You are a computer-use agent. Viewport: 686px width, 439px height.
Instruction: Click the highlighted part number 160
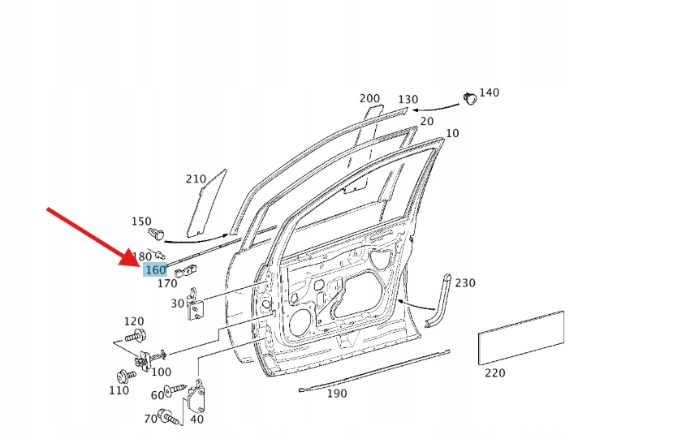coord(155,270)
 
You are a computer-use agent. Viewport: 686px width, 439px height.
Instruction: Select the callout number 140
coord(489,93)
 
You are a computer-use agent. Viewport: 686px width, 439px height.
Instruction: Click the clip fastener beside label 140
coord(469,98)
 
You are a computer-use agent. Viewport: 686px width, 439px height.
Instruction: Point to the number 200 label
coord(369,99)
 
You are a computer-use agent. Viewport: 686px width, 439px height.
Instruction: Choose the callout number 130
coord(408,100)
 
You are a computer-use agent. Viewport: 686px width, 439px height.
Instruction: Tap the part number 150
coord(141,222)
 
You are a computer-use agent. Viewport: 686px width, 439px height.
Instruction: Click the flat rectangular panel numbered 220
coord(521,337)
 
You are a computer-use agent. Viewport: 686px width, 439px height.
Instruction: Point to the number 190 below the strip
coord(336,394)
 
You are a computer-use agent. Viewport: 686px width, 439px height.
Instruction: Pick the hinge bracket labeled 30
coord(196,303)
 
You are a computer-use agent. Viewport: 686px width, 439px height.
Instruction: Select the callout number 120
coord(133,321)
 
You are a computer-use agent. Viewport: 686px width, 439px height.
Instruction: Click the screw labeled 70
coord(170,418)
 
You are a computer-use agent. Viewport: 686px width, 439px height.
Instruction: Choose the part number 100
coord(162,372)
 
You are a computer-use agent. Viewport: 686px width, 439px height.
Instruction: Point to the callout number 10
coord(452,133)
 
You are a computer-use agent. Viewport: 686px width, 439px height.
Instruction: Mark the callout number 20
coord(426,122)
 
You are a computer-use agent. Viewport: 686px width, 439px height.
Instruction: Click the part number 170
coord(167,284)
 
